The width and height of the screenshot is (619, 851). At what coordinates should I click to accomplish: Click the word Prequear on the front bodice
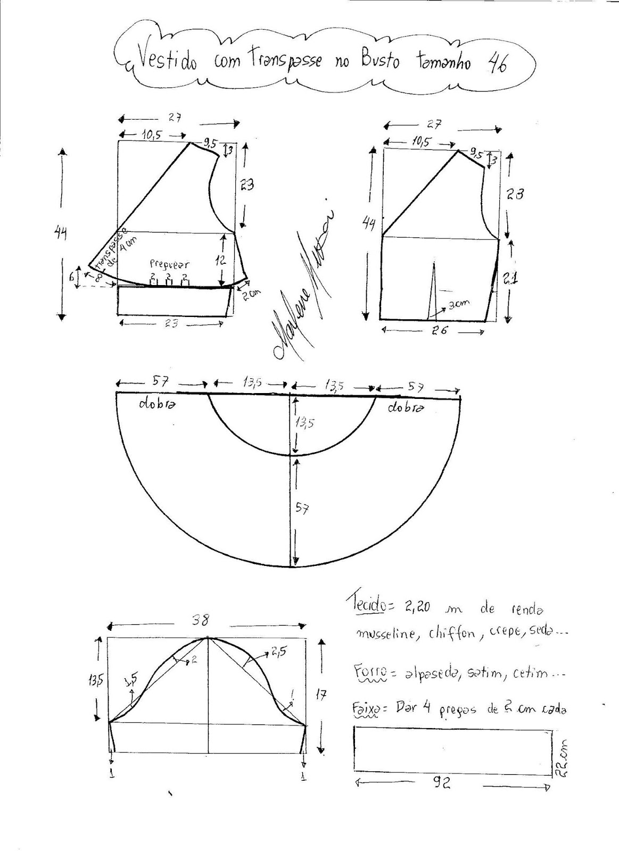169,264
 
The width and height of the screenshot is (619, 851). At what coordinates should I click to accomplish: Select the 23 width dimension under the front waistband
171,323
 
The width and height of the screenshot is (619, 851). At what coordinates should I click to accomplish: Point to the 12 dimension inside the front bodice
221,260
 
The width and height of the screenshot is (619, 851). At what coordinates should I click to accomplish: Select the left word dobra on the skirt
157,404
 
